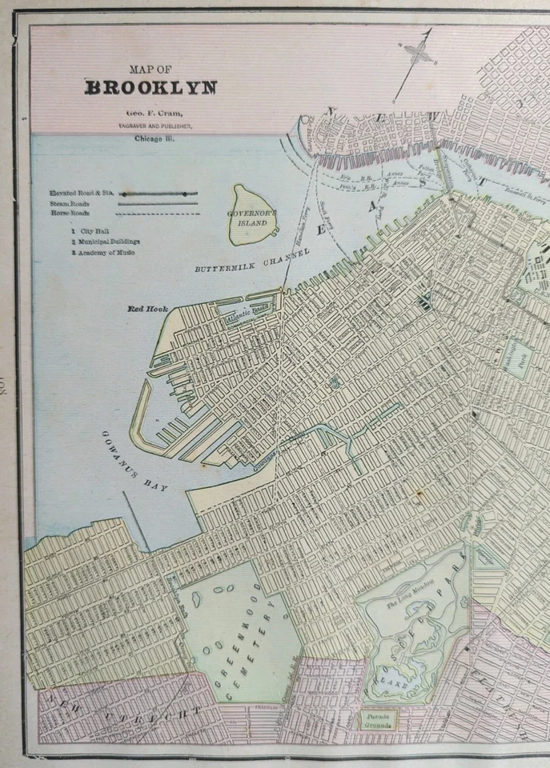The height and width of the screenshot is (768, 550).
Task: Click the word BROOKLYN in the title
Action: pyautogui.click(x=151, y=87)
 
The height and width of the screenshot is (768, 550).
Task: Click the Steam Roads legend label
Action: pyautogui.click(x=68, y=203)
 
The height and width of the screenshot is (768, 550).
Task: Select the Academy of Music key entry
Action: pyautogui.click(x=103, y=252)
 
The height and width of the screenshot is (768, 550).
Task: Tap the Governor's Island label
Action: pyautogui.click(x=251, y=218)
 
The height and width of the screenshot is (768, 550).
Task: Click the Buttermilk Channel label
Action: pyautogui.click(x=251, y=261)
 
